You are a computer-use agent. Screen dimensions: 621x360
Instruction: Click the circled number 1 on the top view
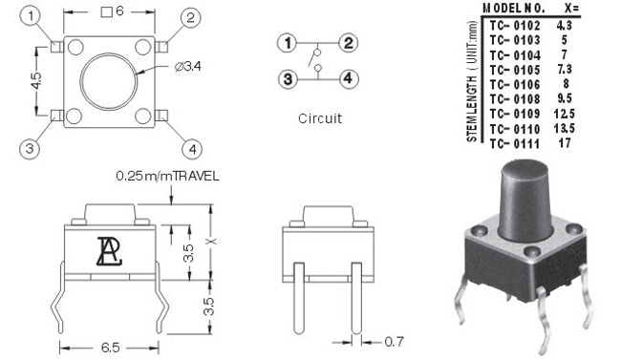pyautogui.click(x=31, y=17)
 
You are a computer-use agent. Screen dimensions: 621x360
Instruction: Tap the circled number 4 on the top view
pyautogui.click(x=192, y=149)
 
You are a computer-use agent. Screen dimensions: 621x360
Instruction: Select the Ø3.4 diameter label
pyautogui.click(x=187, y=66)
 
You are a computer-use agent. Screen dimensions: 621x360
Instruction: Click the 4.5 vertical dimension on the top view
pyautogui.click(x=35, y=81)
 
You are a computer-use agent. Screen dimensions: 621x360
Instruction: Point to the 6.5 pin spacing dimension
pyautogui.click(x=110, y=348)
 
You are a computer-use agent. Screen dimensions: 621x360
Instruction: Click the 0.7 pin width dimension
pyautogui.click(x=394, y=342)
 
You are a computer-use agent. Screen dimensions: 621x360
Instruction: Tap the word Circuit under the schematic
pyautogui.click(x=320, y=118)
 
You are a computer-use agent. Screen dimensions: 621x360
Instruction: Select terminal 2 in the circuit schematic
pyautogui.click(x=348, y=43)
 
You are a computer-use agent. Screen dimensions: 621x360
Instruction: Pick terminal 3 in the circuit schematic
pyautogui.click(x=288, y=79)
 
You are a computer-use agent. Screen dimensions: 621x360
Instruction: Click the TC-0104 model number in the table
pyautogui.click(x=515, y=55)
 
